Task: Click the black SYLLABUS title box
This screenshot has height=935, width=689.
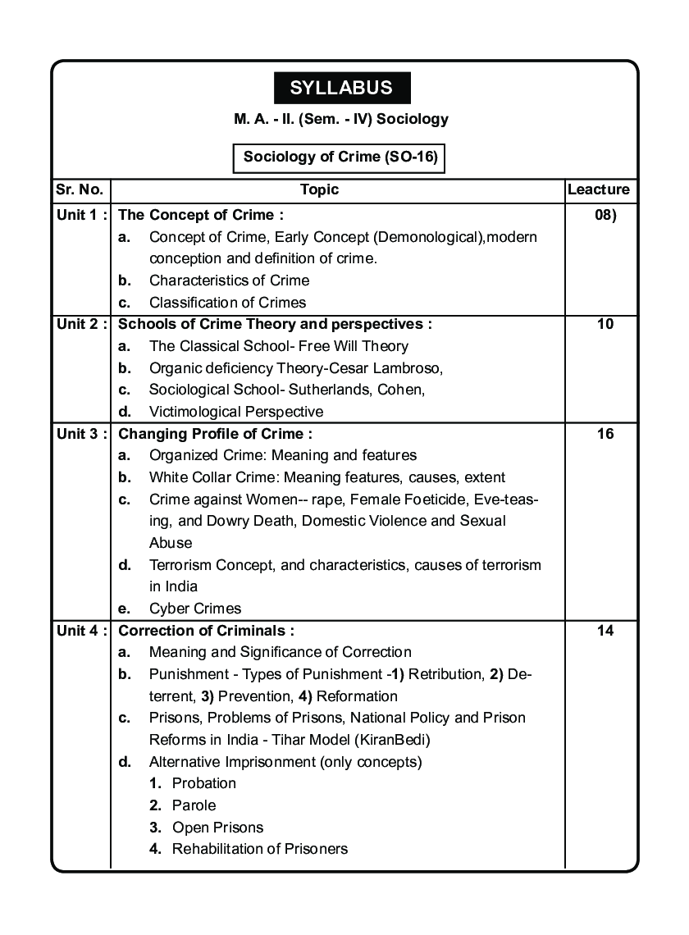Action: tap(341, 88)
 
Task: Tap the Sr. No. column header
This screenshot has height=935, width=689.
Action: tap(80, 189)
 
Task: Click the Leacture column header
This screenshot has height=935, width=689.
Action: tap(599, 189)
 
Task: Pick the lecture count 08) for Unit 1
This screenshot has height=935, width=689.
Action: tap(605, 215)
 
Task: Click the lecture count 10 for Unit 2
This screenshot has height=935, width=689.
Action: tap(605, 324)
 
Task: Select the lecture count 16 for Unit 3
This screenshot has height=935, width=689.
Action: tap(605, 434)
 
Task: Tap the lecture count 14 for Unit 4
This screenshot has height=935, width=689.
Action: tap(605, 631)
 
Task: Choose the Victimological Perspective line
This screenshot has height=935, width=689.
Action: tap(236, 412)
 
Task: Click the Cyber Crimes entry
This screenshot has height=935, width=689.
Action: tap(195, 609)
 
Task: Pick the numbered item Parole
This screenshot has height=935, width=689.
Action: tap(194, 805)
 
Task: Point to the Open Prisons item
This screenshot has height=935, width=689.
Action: tap(217, 828)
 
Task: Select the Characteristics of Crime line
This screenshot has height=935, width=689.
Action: tap(229, 280)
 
